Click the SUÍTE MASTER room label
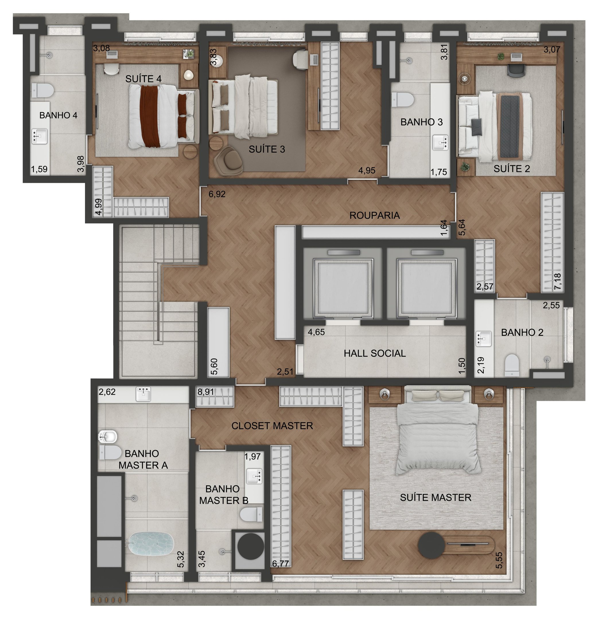pos(436,497)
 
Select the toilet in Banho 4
pos(42,90)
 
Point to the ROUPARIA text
pos(374,215)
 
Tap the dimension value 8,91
pos(206,392)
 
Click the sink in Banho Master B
pos(255,476)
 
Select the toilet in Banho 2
pos(512,365)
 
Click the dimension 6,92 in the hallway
pos(217,194)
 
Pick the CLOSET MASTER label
pos(272,425)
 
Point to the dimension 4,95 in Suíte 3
pos(367,170)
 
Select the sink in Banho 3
pos(441,142)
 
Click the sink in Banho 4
pos(40,136)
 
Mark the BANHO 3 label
pos(421,122)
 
